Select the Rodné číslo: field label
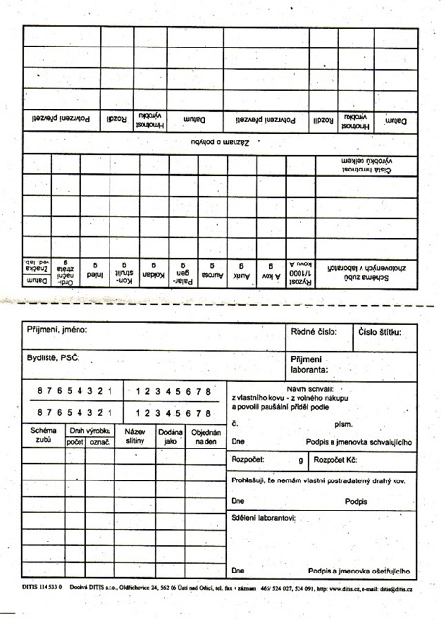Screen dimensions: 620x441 pos(315,331)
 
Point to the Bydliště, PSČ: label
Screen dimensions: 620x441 pos(53,357)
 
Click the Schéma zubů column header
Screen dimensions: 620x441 pos(44,434)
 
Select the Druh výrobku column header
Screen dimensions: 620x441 pos(91,428)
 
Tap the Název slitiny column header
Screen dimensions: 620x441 pos(135,434)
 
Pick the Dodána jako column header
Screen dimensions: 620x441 pos(172,434)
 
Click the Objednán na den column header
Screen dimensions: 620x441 pos(205,434)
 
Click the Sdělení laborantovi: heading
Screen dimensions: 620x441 pos(263,519)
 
